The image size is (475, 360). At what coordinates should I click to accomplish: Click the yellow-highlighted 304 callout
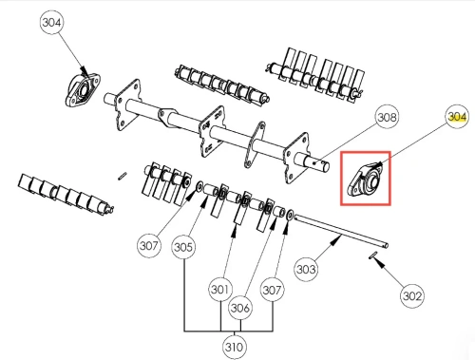tap(457, 117)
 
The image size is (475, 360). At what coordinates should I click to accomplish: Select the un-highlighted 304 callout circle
tap(51, 23)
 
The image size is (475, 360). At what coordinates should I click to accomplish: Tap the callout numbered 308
tap(387, 117)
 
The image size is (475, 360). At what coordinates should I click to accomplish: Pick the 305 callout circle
tap(183, 247)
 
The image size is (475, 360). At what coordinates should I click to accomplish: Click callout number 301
tap(220, 289)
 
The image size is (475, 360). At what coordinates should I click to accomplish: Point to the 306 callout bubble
tap(240, 308)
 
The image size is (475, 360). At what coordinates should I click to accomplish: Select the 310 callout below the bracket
tap(234, 347)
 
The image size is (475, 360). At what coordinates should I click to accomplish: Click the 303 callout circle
tap(306, 269)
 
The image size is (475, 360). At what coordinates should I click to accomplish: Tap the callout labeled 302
tap(412, 295)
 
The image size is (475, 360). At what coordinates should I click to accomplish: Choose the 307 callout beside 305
tap(149, 245)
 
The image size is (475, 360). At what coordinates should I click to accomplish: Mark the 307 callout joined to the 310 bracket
tap(272, 290)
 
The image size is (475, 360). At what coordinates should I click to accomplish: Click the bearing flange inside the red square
tap(366, 180)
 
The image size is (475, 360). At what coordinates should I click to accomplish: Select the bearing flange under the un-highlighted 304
tap(83, 90)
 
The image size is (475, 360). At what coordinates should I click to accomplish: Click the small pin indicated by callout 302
tap(373, 255)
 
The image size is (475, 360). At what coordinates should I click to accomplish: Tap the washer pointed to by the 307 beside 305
tap(199, 186)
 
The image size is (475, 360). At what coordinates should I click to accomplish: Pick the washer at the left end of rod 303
tap(290, 215)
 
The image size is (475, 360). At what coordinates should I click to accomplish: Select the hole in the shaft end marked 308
tap(313, 163)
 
